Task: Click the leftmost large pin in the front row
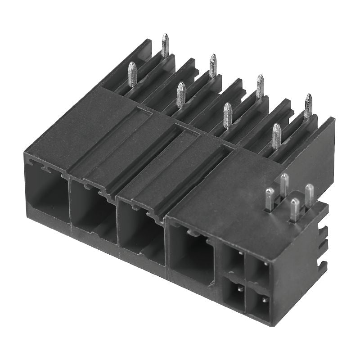pyautogui.click(x=132, y=74)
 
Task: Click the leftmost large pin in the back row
pyautogui.click(x=165, y=45)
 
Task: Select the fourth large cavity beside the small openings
pyautogui.click(x=191, y=254)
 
